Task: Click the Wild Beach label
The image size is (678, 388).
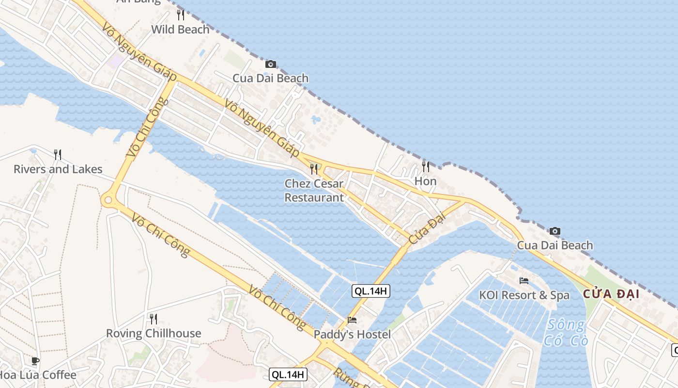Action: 180,30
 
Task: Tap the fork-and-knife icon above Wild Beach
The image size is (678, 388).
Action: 181,15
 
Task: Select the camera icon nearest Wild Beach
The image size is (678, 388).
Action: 271,64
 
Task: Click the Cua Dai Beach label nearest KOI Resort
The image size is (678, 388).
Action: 555,245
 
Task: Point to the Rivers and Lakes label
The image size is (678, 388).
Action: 58,169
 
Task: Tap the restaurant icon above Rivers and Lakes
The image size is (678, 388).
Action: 58,155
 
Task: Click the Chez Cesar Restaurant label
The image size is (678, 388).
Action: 314,191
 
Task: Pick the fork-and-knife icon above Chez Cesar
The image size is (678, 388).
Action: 314,169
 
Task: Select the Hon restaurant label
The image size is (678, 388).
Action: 425,181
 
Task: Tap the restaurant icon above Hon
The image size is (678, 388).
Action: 426,167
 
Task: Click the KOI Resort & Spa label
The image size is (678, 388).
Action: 524,295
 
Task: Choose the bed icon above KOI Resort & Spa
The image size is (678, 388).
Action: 524,280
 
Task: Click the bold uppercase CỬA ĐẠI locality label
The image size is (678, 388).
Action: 611,294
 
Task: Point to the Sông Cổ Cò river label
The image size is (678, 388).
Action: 566,332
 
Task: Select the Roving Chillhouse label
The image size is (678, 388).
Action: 154,334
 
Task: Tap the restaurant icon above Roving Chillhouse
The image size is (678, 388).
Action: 154,319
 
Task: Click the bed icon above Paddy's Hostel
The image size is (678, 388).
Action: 352,320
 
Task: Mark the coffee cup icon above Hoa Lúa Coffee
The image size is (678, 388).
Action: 35,361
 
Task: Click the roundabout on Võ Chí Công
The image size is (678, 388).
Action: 108,199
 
